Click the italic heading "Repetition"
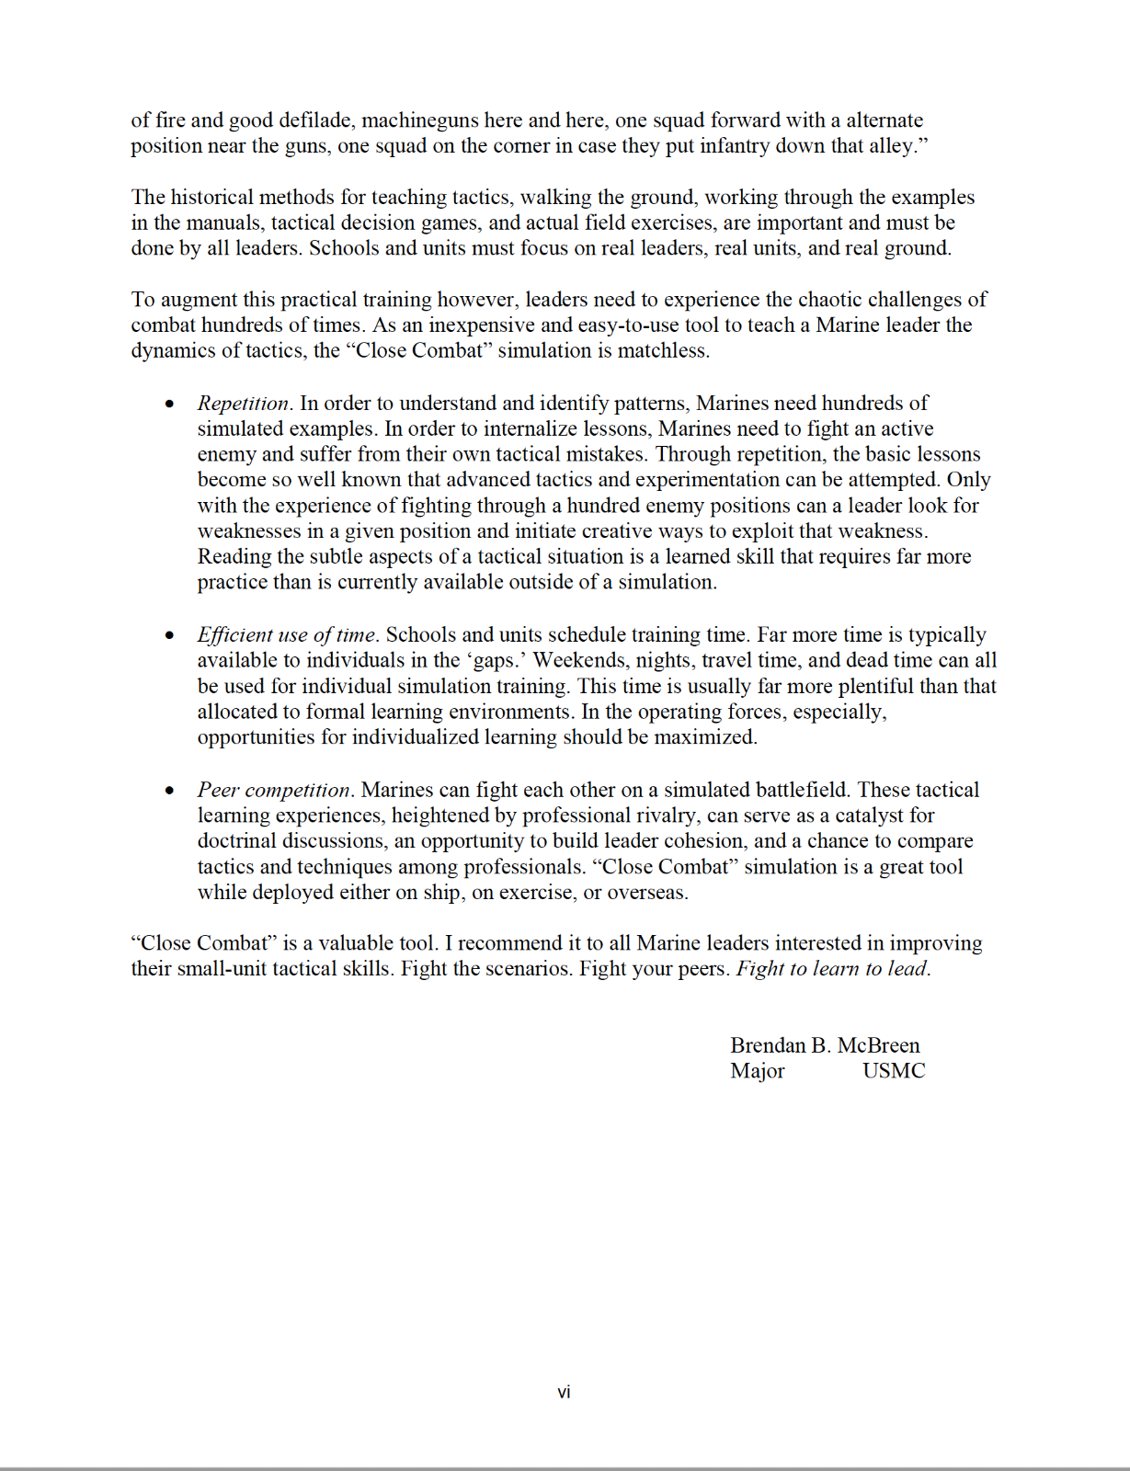point(244,404)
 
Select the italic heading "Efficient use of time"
point(286,635)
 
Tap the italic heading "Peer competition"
point(274,791)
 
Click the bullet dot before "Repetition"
point(169,405)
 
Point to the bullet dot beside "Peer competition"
point(169,792)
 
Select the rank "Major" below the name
point(758,1071)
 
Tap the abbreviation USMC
point(894,1071)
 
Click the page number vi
point(564,1393)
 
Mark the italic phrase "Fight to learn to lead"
point(832,969)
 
